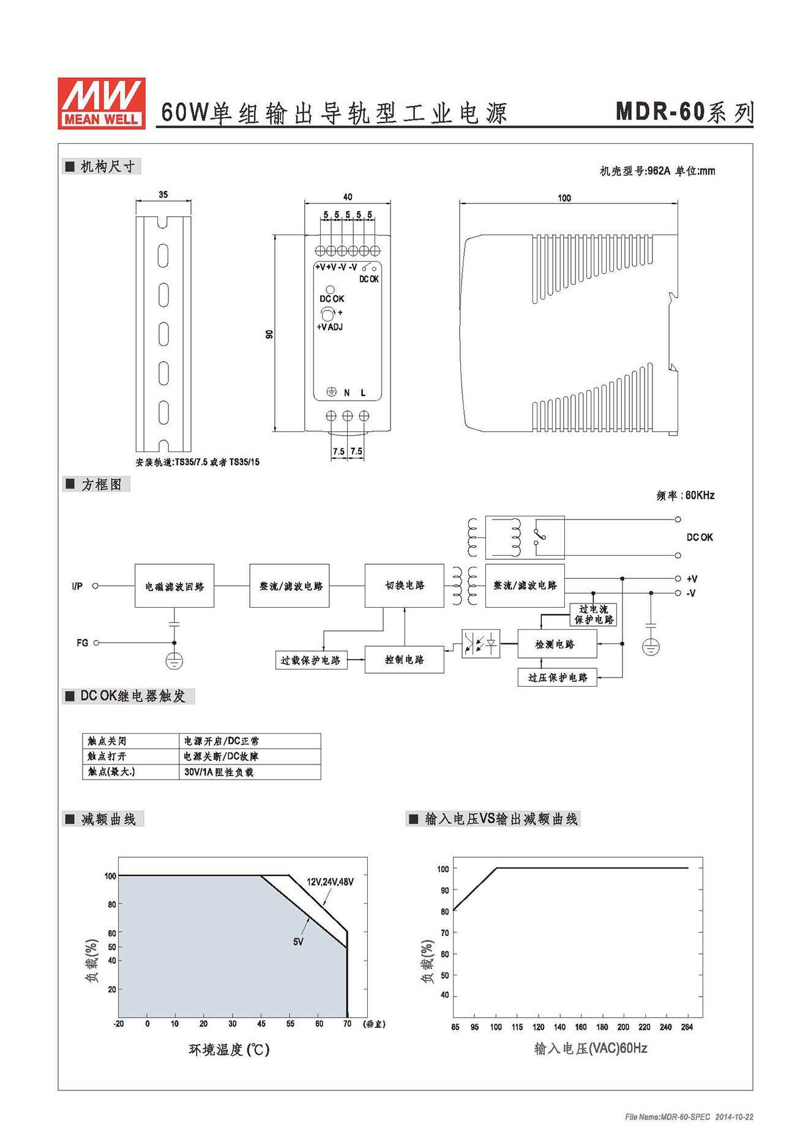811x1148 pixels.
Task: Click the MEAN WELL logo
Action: pyautogui.click(x=102, y=103)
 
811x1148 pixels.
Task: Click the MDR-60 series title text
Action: pyautogui.click(x=685, y=112)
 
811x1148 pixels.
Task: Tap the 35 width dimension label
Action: pyautogui.click(x=163, y=195)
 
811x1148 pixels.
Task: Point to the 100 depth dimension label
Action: pyautogui.click(x=564, y=198)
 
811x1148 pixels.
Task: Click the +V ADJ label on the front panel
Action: pyautogui.click(x=330, y=327)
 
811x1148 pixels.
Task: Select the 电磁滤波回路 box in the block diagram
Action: pyautogui.click(x=174, y=586)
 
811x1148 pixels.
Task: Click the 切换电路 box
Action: pyautogui.click(x=405, y=586)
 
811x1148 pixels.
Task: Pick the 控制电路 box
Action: pyautogui.click(x=405, y=660)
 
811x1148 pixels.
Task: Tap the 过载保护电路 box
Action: pyautogui.click(x=311, y=660)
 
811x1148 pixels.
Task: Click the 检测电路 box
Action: pyautogui.click(x=557, y=644)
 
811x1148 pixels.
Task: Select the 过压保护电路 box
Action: pyautogui.click(x=557, y=678)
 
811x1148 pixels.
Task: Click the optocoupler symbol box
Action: pyautogui.click(x=480, y=644)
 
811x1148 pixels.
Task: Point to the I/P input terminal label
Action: pyautogui.click(x=77, y=586)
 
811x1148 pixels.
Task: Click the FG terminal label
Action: pyautogui.click(x=82, y=643)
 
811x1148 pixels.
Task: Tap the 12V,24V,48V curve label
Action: pyautogui.click(x=330, y=882)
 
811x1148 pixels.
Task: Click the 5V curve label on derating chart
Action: pyautogui.click(x=298, y=942)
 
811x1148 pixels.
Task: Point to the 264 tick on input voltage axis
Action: pyautogui.click(x=687, y=1027)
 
